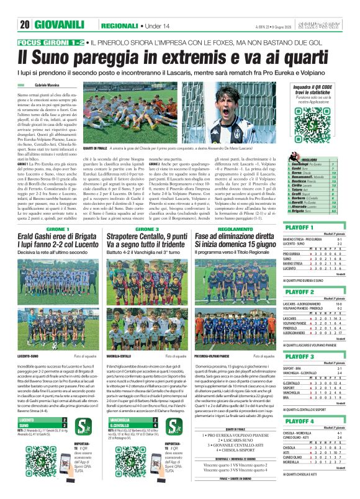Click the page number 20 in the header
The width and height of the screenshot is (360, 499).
click(x=25, y=25)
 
